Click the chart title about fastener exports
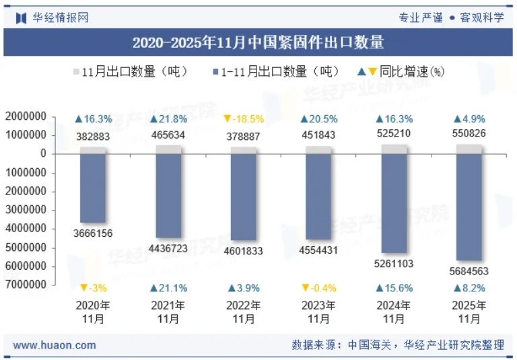258,42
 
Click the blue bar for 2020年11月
93,188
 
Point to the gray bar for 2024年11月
394,149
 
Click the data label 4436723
168,248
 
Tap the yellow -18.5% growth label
244,119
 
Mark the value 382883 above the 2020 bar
93,137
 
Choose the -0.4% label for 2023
318,288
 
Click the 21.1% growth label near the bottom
168,288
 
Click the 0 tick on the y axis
43,153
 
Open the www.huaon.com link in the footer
55,345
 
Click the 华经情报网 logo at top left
53,17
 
